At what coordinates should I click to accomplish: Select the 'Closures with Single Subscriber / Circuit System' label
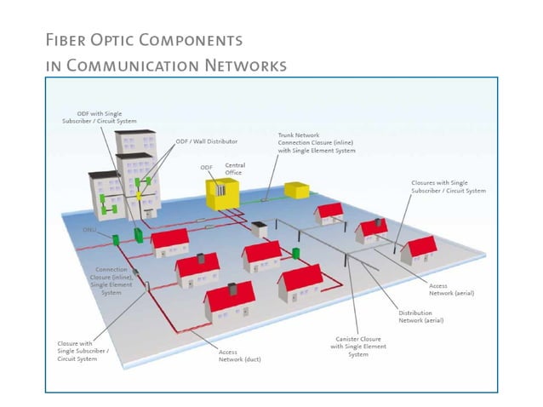tap(449, 186)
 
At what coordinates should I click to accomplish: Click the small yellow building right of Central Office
tap(296, 190)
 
